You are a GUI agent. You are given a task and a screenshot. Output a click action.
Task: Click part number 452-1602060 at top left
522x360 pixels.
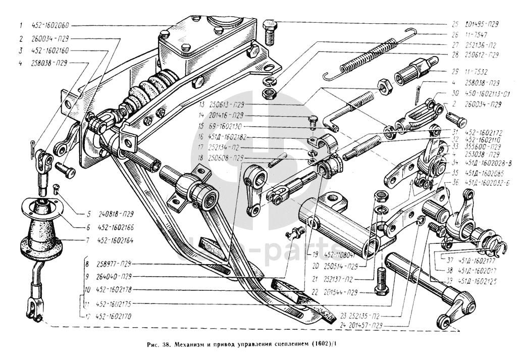[x=52, y=26]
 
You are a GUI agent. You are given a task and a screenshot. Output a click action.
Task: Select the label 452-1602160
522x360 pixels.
[x=51, y=50]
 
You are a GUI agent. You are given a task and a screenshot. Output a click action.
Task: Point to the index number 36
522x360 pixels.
[x=455, y=182]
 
